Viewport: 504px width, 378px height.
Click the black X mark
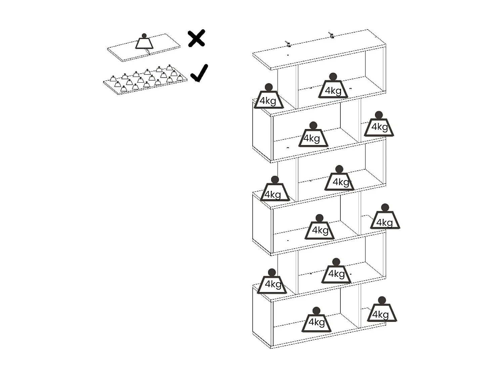(x=197, y=38)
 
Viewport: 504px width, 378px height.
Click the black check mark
(x=199, y=74)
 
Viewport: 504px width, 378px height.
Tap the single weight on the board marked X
(x=144, y=42)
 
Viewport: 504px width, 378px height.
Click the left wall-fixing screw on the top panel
(x=288, y=44)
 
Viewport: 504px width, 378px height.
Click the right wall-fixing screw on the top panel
(x=332, y=35)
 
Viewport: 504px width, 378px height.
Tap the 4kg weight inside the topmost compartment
(x=333, y=88)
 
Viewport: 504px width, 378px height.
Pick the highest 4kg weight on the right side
(x=379, y=126)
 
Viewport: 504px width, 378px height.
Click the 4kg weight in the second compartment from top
(x=313, y=137)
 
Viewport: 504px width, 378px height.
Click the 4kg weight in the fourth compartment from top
(x=320, y=229)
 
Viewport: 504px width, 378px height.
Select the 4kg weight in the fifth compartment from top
(x=336, y=273)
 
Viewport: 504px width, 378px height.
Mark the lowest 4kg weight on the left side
(x=272, y=284)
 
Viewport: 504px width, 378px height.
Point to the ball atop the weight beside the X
(x=144, y=36)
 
